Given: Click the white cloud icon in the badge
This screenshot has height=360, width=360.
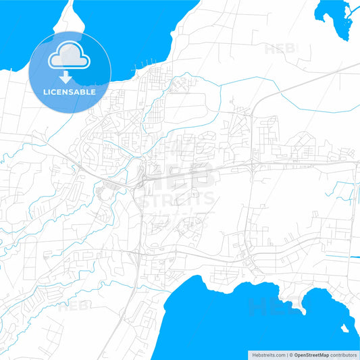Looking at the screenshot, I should pos(70,55).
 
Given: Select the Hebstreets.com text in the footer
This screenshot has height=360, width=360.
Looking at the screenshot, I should pos(264,353).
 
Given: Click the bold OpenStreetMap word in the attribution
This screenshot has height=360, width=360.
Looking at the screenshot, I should pos(314,353).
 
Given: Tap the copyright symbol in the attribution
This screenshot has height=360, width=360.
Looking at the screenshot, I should pos(290,353).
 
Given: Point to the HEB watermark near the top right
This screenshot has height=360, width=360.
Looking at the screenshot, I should pos(280,49).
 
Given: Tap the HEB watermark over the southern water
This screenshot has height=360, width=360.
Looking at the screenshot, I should pos(267,307).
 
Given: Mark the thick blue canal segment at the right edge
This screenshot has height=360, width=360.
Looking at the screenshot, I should pos(355,257).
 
